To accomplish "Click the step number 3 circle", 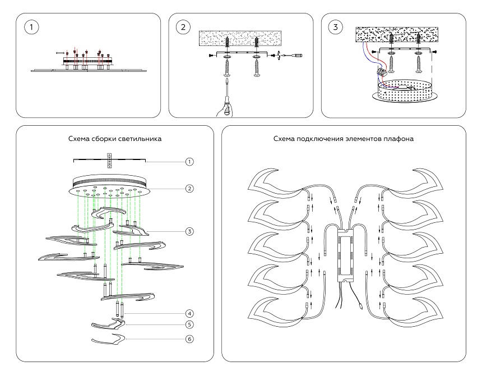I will coord(335,27).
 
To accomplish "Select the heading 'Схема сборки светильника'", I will coord(115,139).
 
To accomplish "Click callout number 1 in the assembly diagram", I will coord(189,161).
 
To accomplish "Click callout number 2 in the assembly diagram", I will coord(189,189).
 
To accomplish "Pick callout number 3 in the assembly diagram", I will coord(189,231).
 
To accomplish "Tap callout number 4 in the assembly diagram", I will coord(189,313).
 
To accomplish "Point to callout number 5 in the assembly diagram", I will coord(189,324).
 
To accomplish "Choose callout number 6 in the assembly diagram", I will coord(189,339).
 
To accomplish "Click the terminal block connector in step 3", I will coord(383,72).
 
